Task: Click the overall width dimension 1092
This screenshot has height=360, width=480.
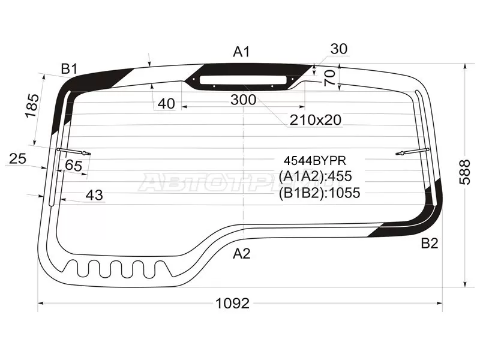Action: (233, 304)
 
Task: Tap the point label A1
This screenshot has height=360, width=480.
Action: (242, 52)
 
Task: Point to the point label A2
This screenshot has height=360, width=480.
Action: (242, 253)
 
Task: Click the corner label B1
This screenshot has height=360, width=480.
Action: (69, 69)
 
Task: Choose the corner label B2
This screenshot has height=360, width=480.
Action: (430, 244)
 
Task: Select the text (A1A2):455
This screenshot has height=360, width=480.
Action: (316, 176)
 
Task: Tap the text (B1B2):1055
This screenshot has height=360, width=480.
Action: (319, 193)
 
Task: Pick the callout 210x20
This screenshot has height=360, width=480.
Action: (316, 120)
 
